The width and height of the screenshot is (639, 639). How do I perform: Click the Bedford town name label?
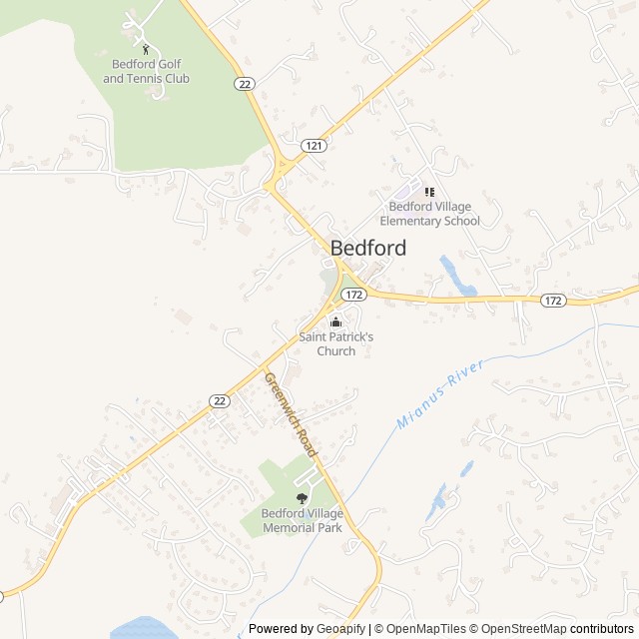click(x=367, y=249)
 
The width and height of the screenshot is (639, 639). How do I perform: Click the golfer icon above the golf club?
click(x=146, y=49)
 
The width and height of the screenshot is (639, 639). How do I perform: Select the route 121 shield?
click(x=316, y=146)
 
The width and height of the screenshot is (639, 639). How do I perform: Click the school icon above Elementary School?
click(x=429, y=192)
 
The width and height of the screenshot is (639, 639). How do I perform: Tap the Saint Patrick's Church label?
click(x=335, y=343)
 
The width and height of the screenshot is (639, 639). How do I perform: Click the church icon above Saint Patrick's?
click(x=335, y=321)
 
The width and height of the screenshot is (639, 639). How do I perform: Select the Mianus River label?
click(x=439, y=395)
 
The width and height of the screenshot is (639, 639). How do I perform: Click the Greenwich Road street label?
click(x=291, y=414)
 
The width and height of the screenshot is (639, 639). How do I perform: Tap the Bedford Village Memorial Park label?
click(x=302, y=520)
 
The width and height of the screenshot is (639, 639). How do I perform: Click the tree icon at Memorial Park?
click(x=302, y=498)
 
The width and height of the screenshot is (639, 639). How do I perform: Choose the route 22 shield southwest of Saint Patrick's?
click(x=220, y=400)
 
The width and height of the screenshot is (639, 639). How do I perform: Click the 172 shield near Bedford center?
click(x=352, y=295)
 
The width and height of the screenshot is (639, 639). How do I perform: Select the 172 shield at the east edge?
click(x=554, y=300)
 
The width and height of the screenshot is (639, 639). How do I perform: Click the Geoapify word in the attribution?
click(x=340, y=629)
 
